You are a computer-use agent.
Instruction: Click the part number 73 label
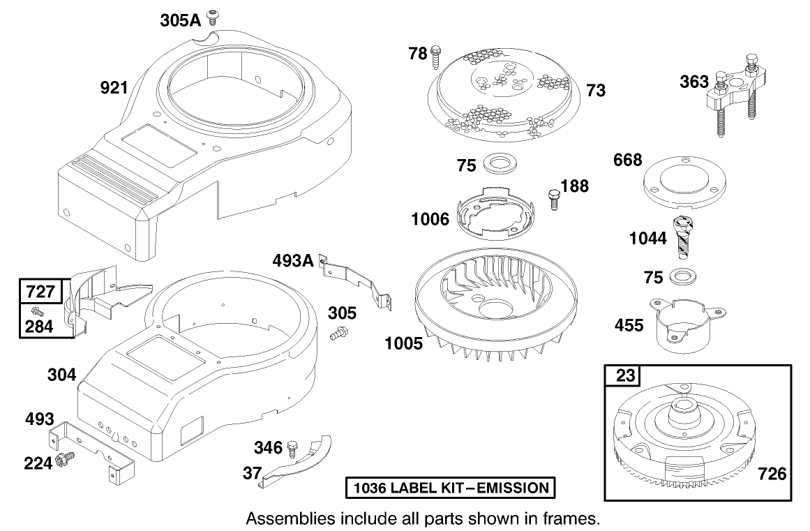tap(596, 90)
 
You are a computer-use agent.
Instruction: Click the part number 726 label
tap(772, 474)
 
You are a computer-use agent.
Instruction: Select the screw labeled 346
tap(294, 445)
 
